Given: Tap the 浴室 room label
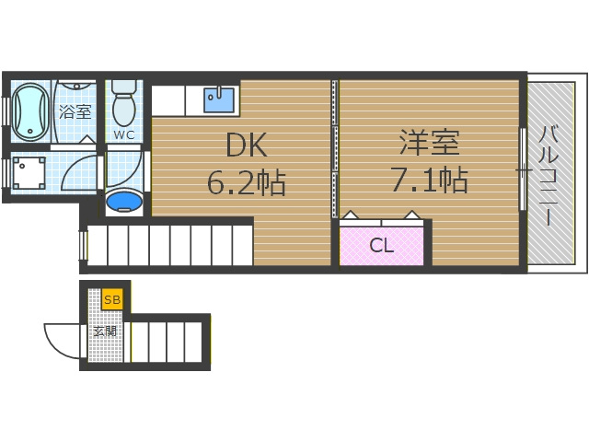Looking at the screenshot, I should tap(75, 112).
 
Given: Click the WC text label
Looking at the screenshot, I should tap(124, 135).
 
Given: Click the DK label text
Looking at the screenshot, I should tap(245, 145).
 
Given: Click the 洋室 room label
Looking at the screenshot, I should tap(429, 143).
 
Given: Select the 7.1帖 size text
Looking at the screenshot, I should tap(429, 180).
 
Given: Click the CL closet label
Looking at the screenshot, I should tap(382, 246).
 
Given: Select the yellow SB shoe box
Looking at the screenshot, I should tap(112, 299).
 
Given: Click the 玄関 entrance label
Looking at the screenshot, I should tap(104, 331).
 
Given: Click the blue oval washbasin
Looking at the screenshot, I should tap(123, 201).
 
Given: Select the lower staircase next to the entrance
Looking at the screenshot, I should tap(167, 340).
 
